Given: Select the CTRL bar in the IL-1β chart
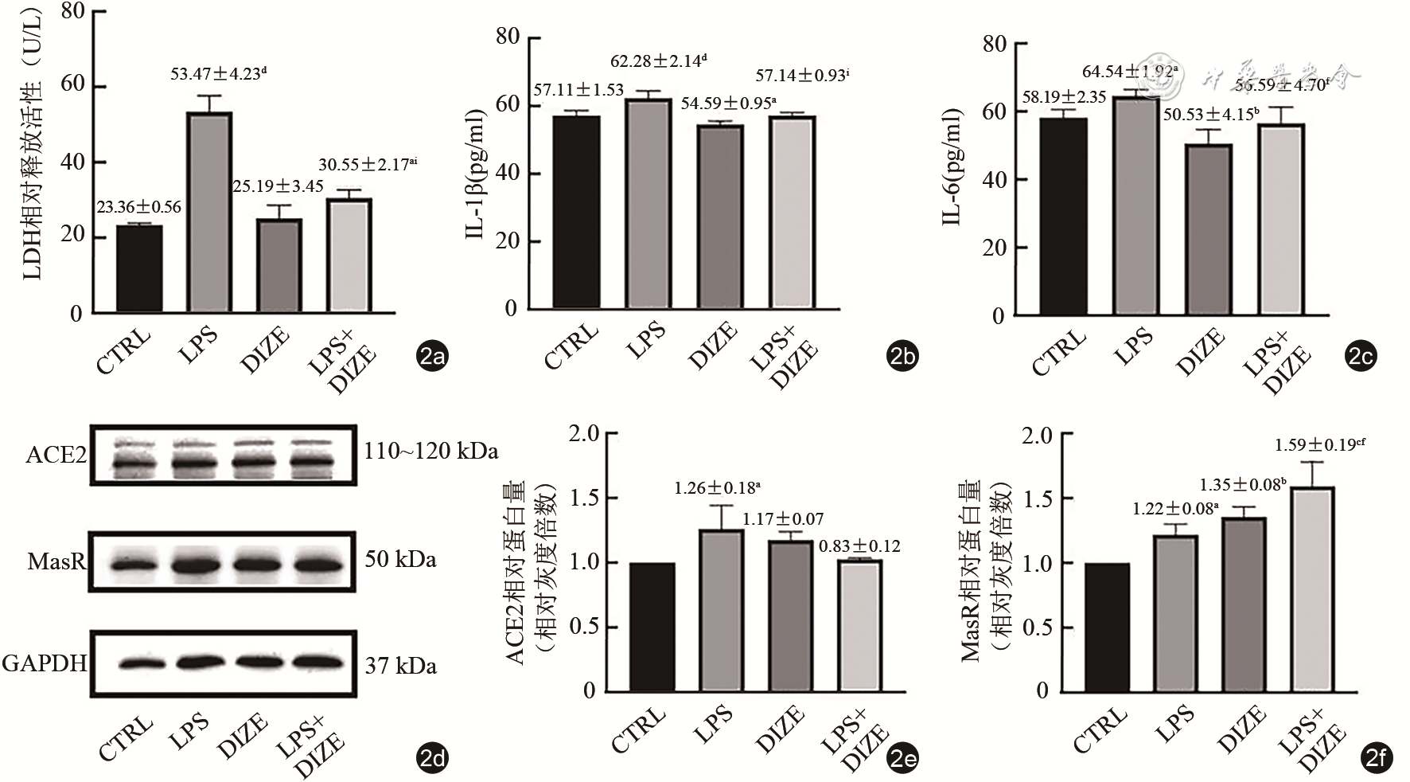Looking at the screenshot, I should (x=577, y=212).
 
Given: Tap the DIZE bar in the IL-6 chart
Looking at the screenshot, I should (x=1209, y=230).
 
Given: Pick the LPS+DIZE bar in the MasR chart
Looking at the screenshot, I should (x=1311, y=589).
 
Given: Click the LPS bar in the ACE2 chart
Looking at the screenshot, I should (x=721, y=610).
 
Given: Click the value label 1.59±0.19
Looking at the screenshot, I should (x=1320, y=445).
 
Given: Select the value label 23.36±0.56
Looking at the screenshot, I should (x=139, y=207).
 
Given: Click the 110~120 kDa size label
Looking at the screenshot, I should (x=431, y=452).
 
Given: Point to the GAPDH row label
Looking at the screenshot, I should (x=45, y=663).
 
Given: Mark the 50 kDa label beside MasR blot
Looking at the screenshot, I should (x=400, y=560).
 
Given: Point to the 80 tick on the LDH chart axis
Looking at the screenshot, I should (x=72, y=12).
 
